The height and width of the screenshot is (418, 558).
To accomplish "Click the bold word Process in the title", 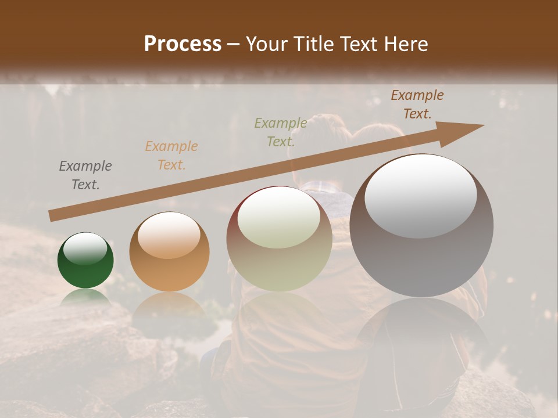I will (183, 44).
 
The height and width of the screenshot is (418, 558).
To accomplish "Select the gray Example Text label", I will (85, 175).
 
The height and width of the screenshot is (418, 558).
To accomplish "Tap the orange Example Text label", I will (171, 156).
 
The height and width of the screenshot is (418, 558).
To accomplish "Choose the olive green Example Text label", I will (281, 132).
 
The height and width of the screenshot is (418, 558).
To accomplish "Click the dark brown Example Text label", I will (417, 105).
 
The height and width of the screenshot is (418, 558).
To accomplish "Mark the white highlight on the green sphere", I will (85, 248).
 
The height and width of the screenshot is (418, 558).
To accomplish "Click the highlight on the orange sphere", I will (169, 235).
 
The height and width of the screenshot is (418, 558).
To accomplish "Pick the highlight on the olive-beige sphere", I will (279, 218).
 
